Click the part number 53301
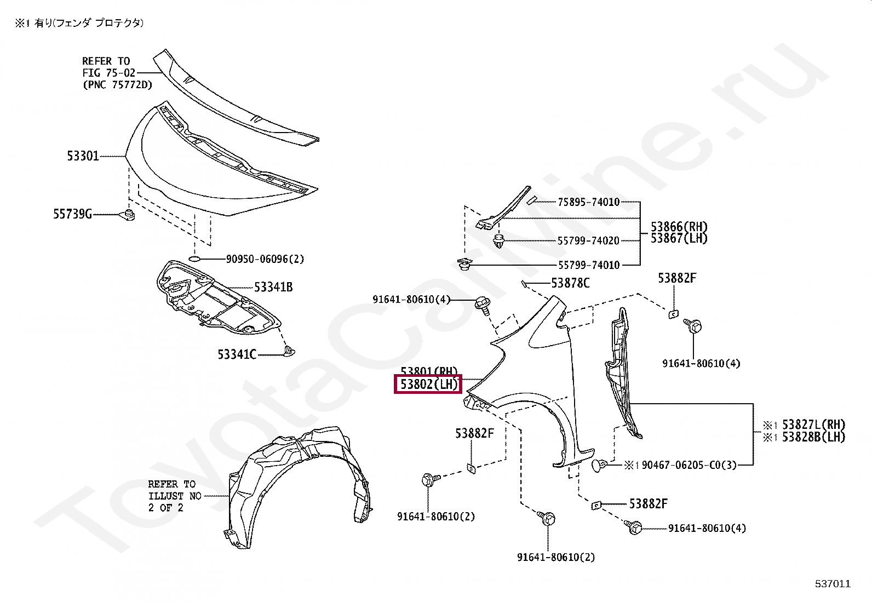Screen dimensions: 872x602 [x=83, y=156]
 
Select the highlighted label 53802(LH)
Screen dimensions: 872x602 [x=428, y=384]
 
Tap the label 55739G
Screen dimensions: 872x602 [x=72, y=214]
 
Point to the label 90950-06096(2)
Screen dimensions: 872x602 [x=265, y=259]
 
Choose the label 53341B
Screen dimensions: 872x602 [x=273, y=287]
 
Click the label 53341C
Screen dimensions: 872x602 [x=237, y=354]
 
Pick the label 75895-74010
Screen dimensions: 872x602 [x=589, y=202]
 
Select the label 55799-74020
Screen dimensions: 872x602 [x=588, y=240]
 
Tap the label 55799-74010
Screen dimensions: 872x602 [x=589, y=265]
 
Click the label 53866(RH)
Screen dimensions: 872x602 [x=679, y=227]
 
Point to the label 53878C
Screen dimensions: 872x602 [x=570, y=283]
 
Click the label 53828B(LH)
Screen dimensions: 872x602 [x=813, y=437]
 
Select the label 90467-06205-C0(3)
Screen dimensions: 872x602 [x=689, y=465]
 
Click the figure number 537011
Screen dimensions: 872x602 [x=833, y=584]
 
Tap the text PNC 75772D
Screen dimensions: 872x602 [x=118, y=85]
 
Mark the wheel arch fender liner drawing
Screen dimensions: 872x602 [x=299, y=482]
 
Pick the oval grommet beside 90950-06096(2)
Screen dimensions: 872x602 [x=195, y=259]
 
